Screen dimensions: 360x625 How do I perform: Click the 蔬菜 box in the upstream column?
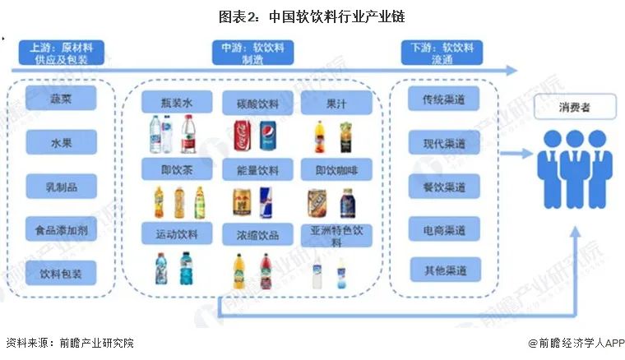pyautogui.click(x=62, y=98)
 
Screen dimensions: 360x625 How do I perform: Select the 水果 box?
pyautogui.click(x=62, y=142)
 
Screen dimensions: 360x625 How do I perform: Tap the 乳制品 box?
pyautogui.click(x=62, y=186)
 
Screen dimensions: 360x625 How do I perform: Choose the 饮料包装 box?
pyautogui.click(x=62, y=272)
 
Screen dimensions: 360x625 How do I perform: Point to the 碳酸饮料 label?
pyautogui.click(x=257, y=104)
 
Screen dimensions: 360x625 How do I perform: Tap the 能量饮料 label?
pyautogui.click(x=257, y=171)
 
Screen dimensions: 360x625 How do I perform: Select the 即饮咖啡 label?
pyautogui.click(x=336, y=171)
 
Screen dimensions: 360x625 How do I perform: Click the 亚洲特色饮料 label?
pyautogui.click(x=336, y=236)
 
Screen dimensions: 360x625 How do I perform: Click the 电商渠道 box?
pyautogui.click(x=444, y=229)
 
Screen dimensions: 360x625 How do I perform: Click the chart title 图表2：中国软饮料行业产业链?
pyautogui.click(x=312, y=16)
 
